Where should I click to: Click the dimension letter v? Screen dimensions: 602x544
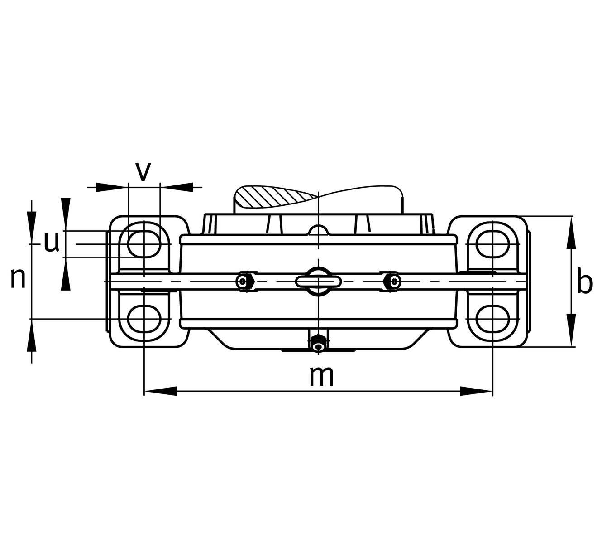(143, 172)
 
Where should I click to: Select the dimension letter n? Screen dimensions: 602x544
(18, 279)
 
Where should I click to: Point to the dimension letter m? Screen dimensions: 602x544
(321, 376)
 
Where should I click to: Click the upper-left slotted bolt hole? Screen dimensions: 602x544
(144, 244)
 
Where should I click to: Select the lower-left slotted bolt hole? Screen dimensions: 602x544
(144, 319)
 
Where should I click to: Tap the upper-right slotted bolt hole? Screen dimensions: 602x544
(492, 244)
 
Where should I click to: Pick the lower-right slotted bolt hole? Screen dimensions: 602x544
(492, 319)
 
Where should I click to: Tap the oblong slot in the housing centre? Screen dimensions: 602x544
(318, 282)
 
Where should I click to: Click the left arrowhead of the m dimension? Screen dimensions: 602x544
(161, 391)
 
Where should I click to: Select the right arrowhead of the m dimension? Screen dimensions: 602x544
(477, 391)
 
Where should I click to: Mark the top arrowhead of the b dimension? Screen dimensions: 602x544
(572, 233)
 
